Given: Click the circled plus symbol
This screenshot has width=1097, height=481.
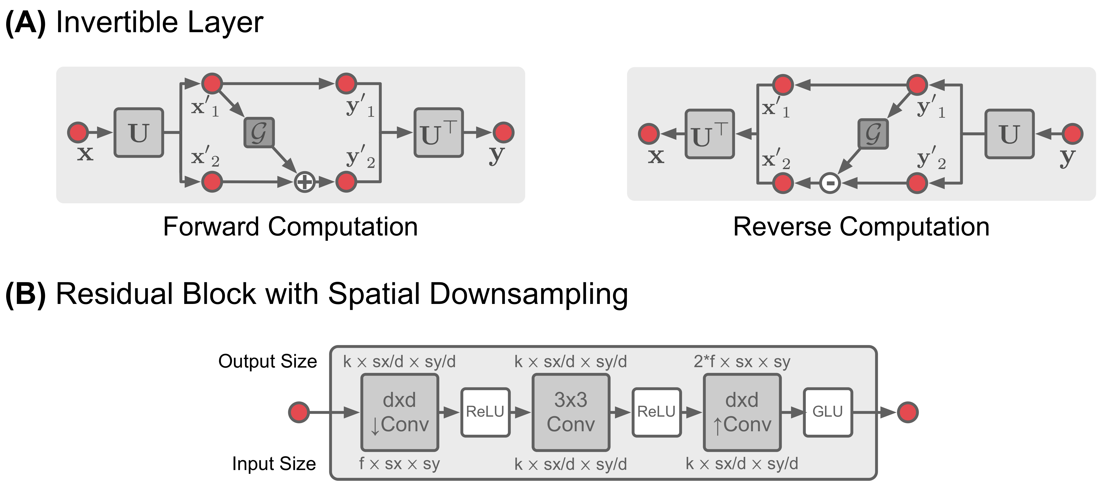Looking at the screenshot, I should click(304, 182).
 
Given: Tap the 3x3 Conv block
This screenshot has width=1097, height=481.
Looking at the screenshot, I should click(571, 412).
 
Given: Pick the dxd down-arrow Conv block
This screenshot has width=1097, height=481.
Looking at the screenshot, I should click(399, 412).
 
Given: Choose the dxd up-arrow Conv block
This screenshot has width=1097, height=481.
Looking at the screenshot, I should click(742, 412).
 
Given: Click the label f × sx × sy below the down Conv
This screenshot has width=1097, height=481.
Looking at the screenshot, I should click(399, 464).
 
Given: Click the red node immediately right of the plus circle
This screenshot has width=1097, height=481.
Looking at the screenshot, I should click(346, 182).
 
